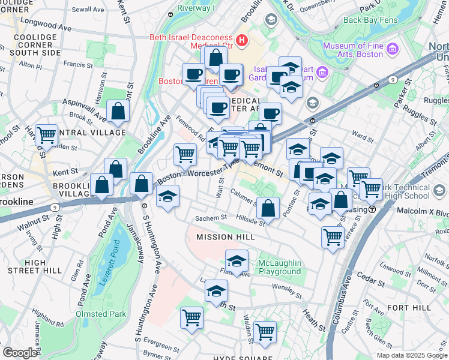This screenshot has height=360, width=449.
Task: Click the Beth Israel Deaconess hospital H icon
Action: click(242, 41)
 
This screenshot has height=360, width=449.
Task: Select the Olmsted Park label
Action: click(101, 314)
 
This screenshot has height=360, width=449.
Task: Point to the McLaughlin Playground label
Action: click(279, 268)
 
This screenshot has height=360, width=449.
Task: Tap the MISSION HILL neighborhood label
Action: click(226, 237)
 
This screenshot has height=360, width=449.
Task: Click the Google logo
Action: click(20, 353)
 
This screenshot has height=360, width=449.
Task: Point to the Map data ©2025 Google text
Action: click(411, 355)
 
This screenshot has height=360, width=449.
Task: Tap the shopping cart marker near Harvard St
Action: click(46, 136)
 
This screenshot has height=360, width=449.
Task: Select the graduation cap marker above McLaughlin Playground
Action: click(237, 261)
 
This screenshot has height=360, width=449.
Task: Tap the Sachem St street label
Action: click(214, 218)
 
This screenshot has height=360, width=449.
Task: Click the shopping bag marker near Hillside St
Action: click(268, 208)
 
